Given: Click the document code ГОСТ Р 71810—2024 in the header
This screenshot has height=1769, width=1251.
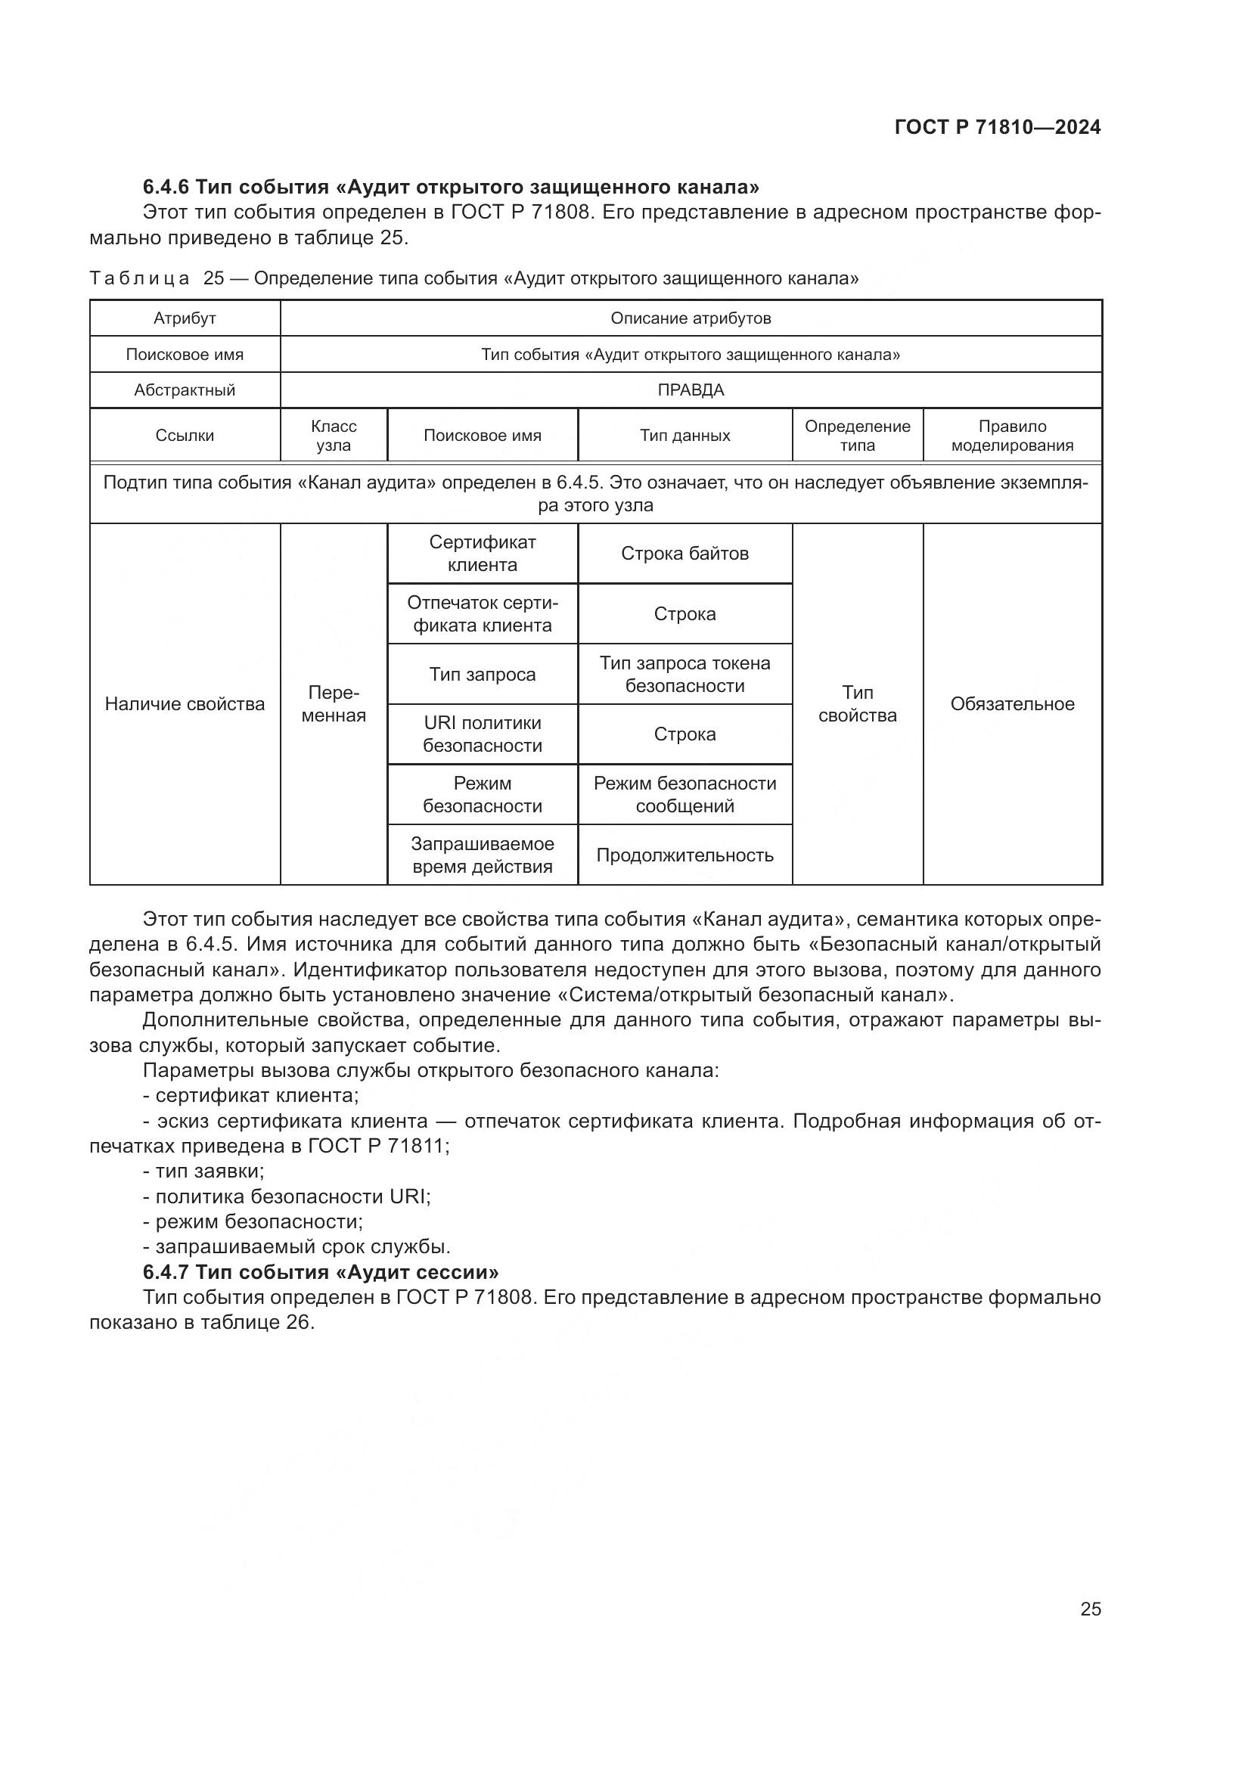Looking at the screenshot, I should coord(998,128).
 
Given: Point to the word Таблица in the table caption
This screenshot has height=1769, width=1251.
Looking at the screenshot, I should coord(139,278).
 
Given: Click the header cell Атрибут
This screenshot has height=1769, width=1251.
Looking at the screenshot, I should coord(185,318).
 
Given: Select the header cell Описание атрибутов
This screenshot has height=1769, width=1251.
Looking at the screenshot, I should coord(691,318).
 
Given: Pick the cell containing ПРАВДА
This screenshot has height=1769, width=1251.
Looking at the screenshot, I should coord(691,389).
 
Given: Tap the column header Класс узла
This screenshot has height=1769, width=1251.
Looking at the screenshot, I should coord(334,436).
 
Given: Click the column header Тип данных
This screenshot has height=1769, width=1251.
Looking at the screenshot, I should coord(684,436).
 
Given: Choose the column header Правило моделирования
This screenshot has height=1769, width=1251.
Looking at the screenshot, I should coord(1011,436).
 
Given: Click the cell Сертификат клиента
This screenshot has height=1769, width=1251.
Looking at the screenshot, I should coord(483,553).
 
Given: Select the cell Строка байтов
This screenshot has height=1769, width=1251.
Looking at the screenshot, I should coord(684,553).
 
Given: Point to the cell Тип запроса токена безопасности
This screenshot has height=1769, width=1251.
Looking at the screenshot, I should coord(684,674).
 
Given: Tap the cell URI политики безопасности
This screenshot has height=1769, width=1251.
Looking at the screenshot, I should coord(483,734).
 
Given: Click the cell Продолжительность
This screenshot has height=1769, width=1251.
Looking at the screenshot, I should coord(684,855).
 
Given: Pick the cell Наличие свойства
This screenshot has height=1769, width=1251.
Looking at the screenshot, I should coord(185,703).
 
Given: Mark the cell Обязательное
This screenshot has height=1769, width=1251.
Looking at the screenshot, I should coord(1011,703).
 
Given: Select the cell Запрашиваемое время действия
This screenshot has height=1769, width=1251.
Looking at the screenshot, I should coord(483,855).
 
